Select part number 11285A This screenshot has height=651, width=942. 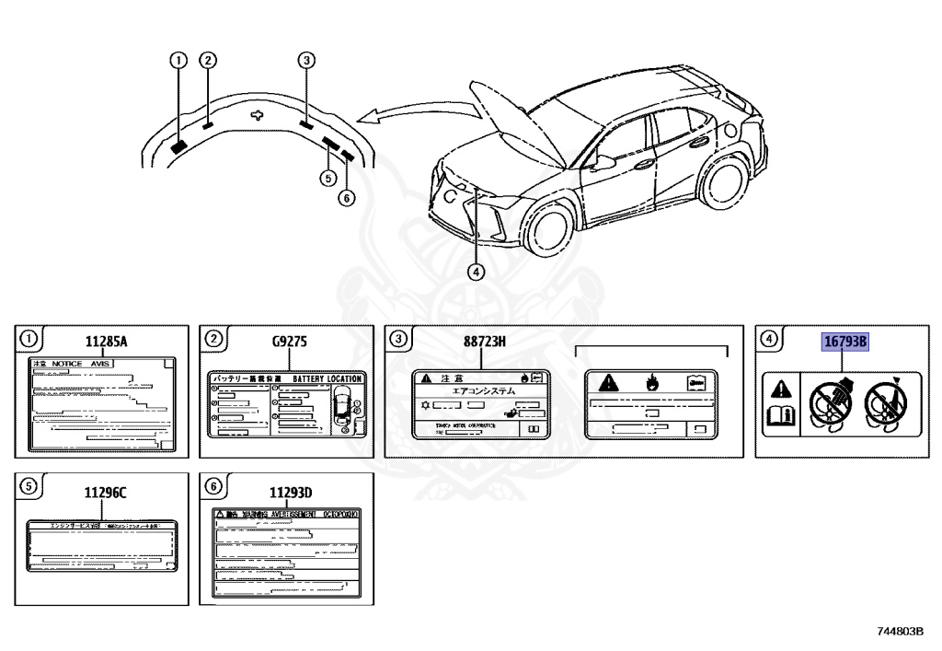tap(106, 343)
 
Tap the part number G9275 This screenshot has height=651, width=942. tap(290, 343)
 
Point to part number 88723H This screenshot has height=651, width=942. tap(484, 343)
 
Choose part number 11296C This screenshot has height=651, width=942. tap(106, 493)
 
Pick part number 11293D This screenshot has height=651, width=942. tap(290, 493)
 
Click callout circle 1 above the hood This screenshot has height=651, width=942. tap(178, 61)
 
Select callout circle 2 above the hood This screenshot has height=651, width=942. tap(209, 61)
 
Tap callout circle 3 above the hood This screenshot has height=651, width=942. tap(306, 61)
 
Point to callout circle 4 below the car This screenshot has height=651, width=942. tap(475, 272)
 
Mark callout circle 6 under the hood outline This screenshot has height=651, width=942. tap(346, 197)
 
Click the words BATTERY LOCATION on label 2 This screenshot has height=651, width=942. tap(327, 378)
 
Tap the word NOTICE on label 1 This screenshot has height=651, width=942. tap(66, 365)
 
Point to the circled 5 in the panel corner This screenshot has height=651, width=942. tap(29, 487)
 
